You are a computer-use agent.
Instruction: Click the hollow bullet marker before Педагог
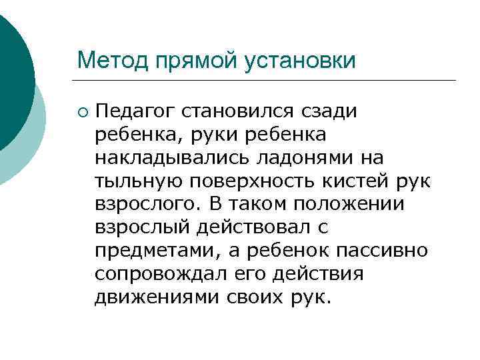81,111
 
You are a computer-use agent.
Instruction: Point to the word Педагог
131,111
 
